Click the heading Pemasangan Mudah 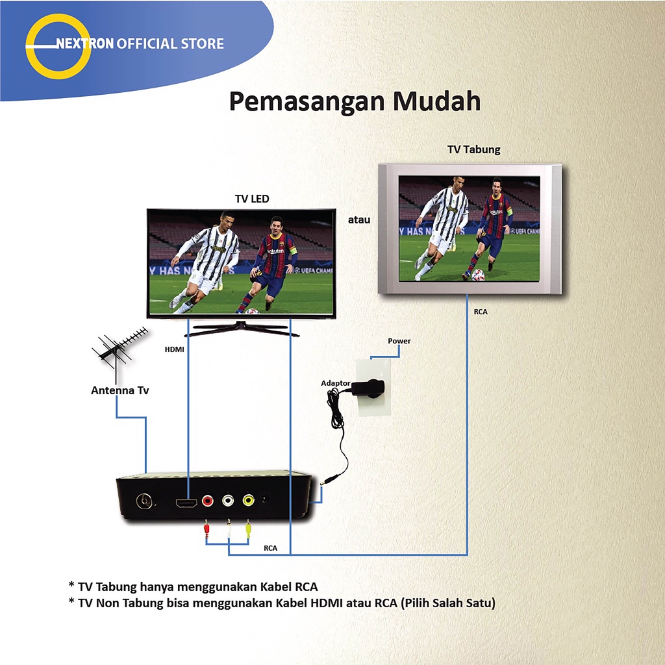tap(355, 102)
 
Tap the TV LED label tap(251, 199)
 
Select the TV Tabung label tap(473, 149)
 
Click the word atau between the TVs tap(358, 220)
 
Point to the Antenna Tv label tap(119, 390)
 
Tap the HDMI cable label tap(174, 349)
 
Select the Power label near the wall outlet tap(399, 341)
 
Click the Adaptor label tap(336, 383)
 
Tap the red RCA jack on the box tap(207, 501)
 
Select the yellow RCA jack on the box tap(248, 501)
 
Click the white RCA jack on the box tap(228, 501)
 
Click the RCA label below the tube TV tap(481, 312)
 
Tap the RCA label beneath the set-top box tap(270, 548)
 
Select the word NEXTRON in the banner tap(85, 44)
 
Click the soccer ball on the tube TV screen tap(479, 275)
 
